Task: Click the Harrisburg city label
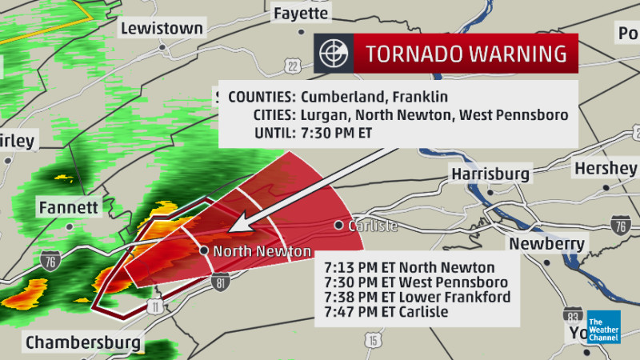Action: (x=490, y=174)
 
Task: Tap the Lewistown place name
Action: (x=162, y=28)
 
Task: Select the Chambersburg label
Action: (x=83, y=343)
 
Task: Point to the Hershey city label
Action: (x=605, y=168)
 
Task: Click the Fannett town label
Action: (x=68, y=208)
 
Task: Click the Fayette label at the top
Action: (x=301, y=14)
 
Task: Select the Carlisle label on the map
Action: (x=372, y=226)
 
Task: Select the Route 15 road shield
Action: (x=373, y=340)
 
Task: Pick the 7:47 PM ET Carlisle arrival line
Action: (x=386, y=311)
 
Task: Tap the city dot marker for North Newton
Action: (x=205, y=250)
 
